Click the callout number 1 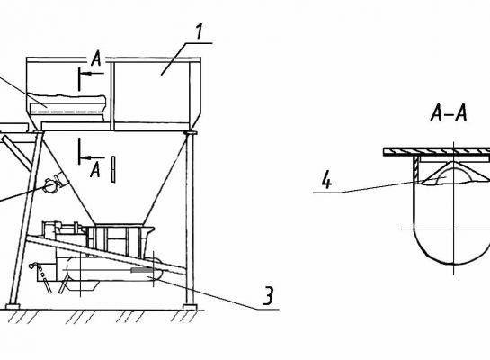pyautogui.click(x=199, y=31)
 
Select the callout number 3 pyautogui.click(x=268, y=295)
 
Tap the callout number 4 pyautogui.click(x=326, y=180)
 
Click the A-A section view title pyautogui.click(x=449, y=112)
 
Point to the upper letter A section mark pyautogui.click(x=96, y=58)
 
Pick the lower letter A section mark pyautogui.click(x=95, y=170)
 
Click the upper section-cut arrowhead pyautogui.click(x=88, y=73)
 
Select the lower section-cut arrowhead pyautogui.click(x=87, y=157)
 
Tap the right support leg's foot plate pyautogui.click(x=190, y=307)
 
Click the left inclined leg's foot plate pyautogui.click(x=13, y=307)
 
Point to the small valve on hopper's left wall pyautogui.click(x=50, y=185)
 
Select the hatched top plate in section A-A pyautogui.click(x=437, y=152)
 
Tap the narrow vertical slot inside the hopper pyautogui.click(x=113, y=169)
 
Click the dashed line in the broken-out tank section pyautogui.click(x=67, y=112)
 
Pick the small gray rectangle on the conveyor pyautogui.click(x=141, y=270)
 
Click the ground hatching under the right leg pyautogui.click(x=185, y=316)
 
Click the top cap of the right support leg pyautogui.click(x=191, y=133)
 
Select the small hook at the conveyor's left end pyautogui.click(x=31, y=265)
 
